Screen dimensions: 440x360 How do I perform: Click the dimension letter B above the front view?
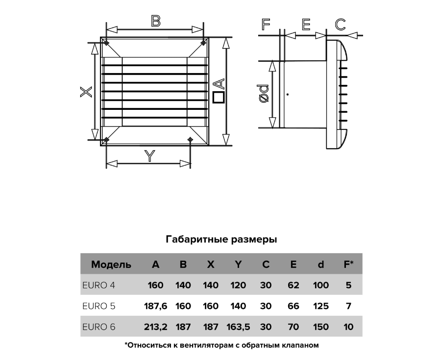click(x=155, y=21)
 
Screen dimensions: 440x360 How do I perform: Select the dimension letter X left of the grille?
click(x=86, y=92)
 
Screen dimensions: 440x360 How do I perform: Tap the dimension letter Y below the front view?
click(x=150, y=156)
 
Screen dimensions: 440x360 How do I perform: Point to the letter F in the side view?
click(x=266, y=24)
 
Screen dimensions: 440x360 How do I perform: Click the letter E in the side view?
click(x=306, y=25)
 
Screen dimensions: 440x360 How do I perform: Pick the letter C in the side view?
click(x=341, y=25)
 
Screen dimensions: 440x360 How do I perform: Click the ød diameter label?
click(x=264, y=94)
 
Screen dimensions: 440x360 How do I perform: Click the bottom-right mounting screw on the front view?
click(x=190, y=140)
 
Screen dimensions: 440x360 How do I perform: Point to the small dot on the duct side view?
click(x=288, y=94)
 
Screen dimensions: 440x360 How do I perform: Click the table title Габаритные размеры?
click(x=221, y=239)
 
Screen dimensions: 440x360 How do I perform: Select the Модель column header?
click(x=111, y=264)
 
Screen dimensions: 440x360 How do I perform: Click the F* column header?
click(x=348, y=264)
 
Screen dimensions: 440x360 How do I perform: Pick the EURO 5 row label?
click(x=99, y=306)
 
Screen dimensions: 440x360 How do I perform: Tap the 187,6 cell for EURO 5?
click(x=156, y=306)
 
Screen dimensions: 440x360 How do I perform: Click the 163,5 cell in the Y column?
click(x=238, y=327)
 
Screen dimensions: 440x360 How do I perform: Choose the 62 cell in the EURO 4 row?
click(x=293, y=285)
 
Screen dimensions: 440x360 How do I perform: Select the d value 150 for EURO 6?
click(x=321, y=327)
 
